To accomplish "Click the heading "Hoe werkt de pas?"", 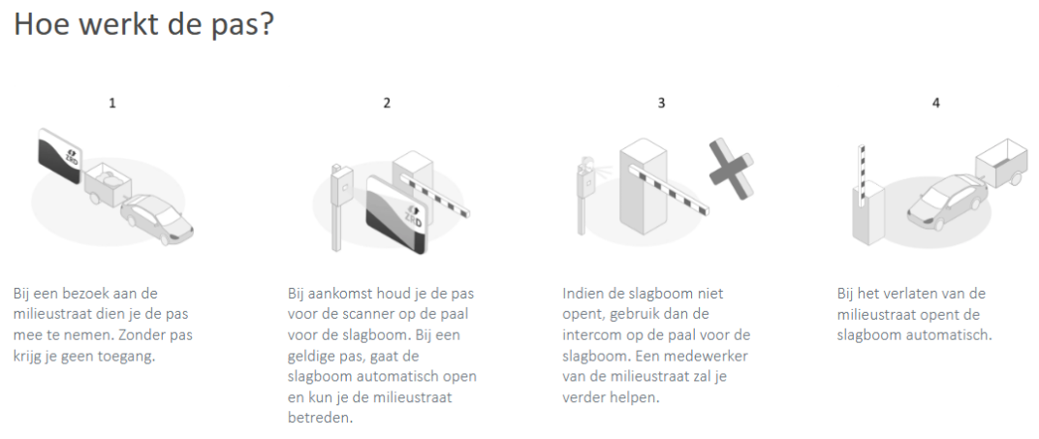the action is [143, 24].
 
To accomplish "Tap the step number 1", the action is [112, 104].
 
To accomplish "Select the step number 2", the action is [387, 104].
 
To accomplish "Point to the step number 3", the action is [661, 104].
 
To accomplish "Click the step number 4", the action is [935, 104].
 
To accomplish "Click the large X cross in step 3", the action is [732, 170].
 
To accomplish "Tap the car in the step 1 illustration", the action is [158, 218].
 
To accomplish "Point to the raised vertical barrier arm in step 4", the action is [862, 175].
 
